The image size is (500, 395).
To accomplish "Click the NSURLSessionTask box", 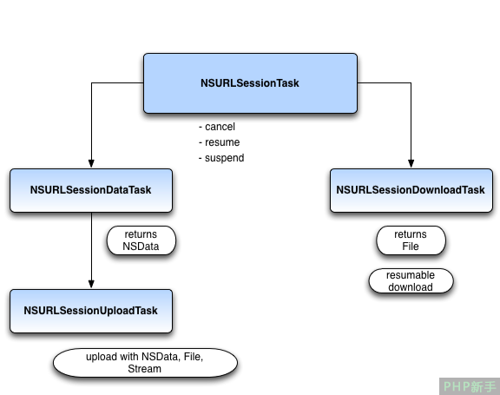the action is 250,83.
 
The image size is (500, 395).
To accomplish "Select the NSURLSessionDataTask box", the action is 91,190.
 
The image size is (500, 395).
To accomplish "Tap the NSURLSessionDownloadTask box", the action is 411,190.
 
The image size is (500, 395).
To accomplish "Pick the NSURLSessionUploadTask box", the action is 91,311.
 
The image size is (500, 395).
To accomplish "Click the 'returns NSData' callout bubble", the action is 141,240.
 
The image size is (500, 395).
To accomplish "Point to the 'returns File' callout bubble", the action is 411,240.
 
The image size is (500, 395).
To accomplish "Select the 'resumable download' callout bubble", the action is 411,281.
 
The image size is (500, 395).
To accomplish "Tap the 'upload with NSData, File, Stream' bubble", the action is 145,363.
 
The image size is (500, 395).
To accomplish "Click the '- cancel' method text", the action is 217,127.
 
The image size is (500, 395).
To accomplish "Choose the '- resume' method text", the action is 219,142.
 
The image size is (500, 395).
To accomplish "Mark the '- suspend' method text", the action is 221,158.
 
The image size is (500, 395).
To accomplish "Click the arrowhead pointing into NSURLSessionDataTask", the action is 91,163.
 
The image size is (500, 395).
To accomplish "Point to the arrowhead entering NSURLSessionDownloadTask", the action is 411,163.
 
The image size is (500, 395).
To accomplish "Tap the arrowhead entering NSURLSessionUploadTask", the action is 91,284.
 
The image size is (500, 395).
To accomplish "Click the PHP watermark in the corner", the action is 470,386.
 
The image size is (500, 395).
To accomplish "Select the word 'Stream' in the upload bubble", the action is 144,369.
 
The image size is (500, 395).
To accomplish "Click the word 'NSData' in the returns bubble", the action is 141,247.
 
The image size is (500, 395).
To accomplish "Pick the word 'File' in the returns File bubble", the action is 411,247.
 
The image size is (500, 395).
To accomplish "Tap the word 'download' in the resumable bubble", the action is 411,287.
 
